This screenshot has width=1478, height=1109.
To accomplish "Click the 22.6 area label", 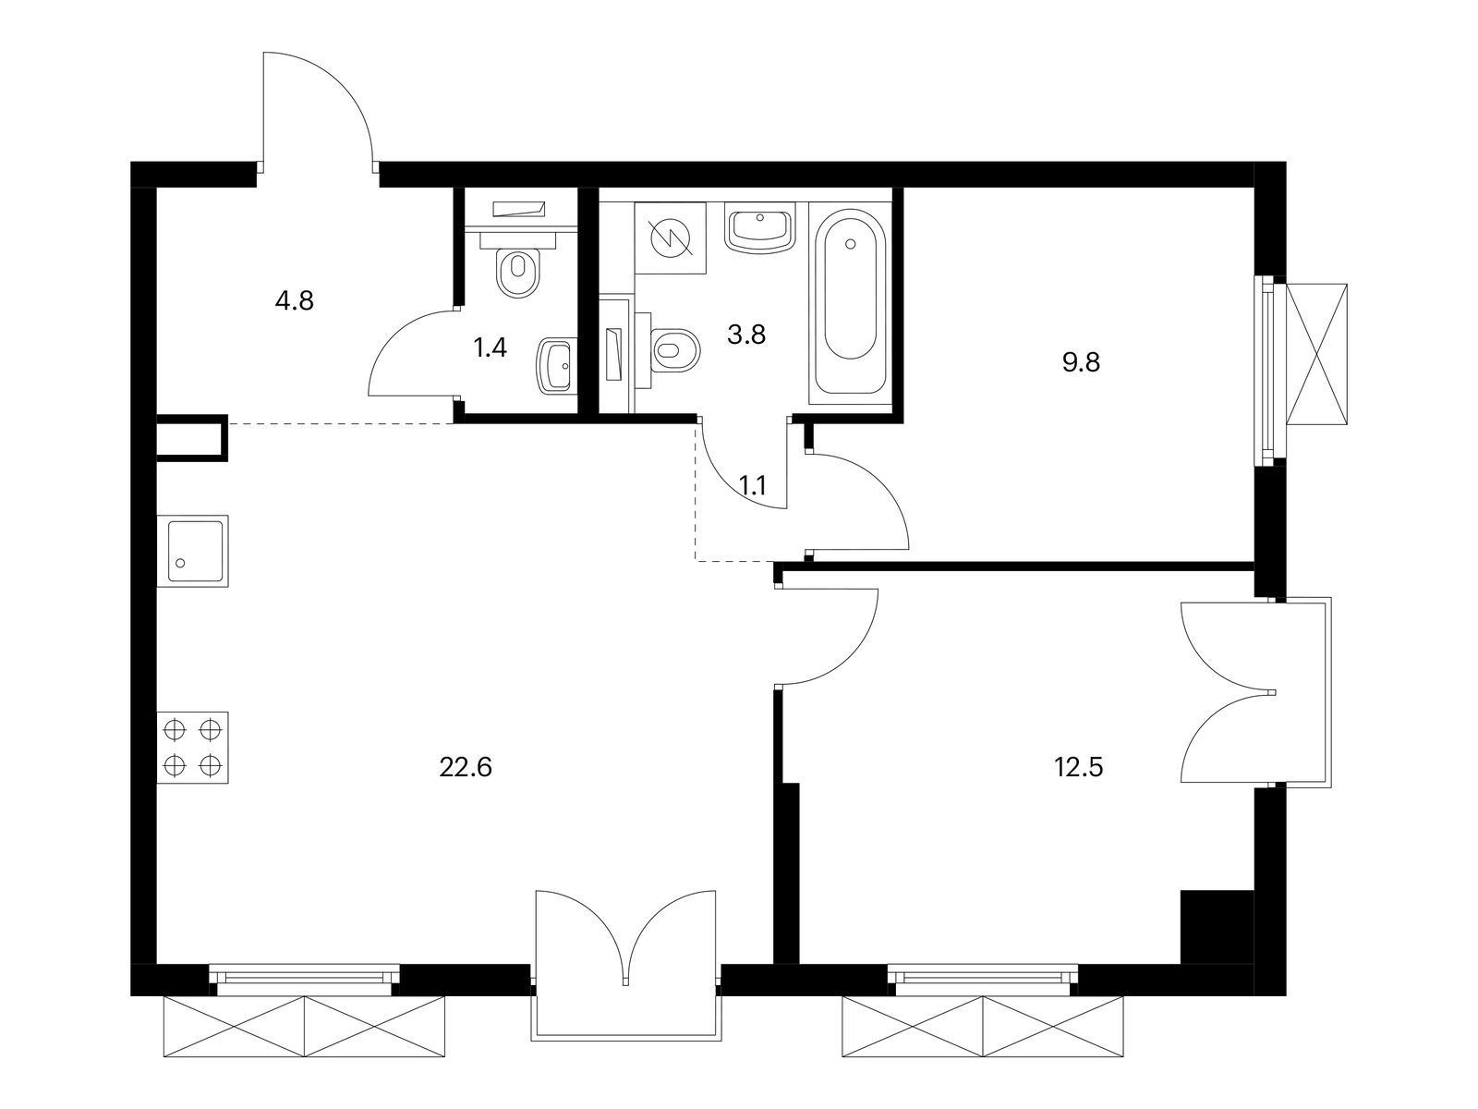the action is (466, 767).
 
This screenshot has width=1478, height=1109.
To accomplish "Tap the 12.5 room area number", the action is (1079, 767).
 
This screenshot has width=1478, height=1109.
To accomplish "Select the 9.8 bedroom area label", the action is (1081, 363).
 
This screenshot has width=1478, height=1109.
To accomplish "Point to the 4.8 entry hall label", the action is (295, 300).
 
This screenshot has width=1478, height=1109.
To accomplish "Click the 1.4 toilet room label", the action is (490, 348).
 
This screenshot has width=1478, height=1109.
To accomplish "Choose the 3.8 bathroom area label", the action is (746, 334).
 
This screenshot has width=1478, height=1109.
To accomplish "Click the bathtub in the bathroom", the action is (851, 302).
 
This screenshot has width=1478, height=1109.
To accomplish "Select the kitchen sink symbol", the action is (192, 551).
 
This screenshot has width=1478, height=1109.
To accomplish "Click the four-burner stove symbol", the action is (192, 748).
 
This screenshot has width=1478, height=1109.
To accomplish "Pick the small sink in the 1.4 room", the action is (555, 365).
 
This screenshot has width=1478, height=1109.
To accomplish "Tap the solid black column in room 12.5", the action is (1218, 927).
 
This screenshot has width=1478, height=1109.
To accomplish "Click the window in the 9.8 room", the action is (1269, 371).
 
